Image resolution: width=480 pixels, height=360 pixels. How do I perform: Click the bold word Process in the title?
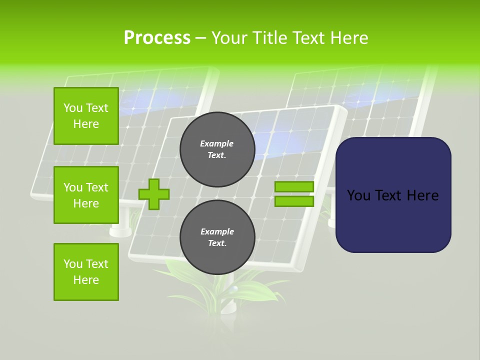point(157,38)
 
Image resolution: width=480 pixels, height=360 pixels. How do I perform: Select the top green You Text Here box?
point(86,116)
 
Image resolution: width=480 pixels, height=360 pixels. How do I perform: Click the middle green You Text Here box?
point(86,195)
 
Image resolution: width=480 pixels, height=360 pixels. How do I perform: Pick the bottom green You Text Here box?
point(86,272)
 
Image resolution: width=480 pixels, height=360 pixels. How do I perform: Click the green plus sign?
point(154,194)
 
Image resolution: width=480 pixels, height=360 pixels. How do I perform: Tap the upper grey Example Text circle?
point(217,149)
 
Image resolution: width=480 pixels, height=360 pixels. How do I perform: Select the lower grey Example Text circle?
point(217,237)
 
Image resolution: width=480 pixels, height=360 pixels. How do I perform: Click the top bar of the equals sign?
point(294,186)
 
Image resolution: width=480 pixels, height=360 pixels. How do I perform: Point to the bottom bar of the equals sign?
point(294,201)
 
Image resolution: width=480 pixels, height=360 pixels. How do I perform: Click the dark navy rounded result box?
point(393,220)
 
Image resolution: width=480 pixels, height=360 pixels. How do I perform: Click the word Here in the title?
point(349,38)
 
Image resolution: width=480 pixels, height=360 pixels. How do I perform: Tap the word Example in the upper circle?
point(217,144)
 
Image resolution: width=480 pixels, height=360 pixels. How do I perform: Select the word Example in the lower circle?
point(217,232)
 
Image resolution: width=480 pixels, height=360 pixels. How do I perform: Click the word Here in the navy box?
point(422,195)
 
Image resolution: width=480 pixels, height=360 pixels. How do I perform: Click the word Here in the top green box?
point(86,124)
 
